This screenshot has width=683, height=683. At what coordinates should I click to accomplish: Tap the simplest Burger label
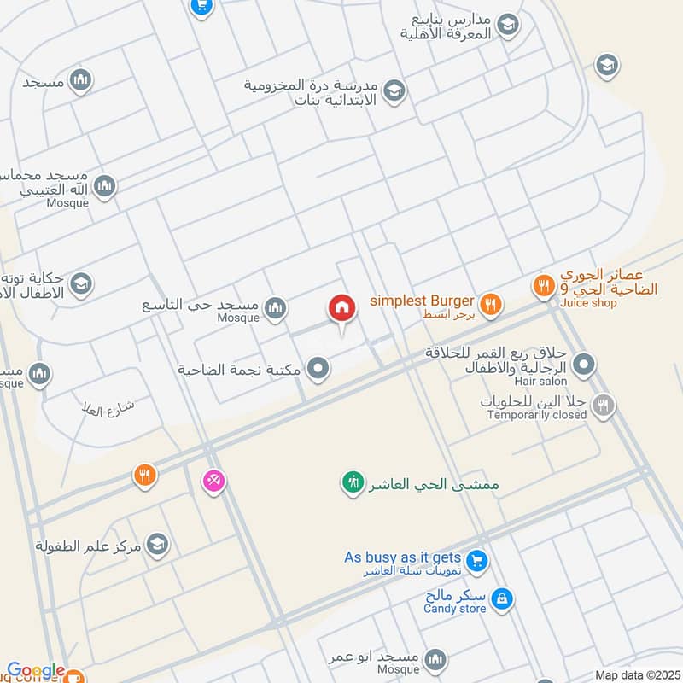(x=421, y=301)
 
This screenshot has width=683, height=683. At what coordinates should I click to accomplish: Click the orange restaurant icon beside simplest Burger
(x=490, y=302)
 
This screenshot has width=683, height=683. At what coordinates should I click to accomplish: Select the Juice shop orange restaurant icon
(x=543, y=287)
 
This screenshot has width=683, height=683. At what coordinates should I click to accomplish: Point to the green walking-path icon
(x=351, y=483)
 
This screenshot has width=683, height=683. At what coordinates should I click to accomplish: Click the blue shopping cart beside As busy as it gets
(x=476, y=560)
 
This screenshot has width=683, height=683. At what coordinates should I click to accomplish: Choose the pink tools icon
(x=213, y=482)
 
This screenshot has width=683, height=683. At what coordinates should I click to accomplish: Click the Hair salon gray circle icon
(x=584, y=366)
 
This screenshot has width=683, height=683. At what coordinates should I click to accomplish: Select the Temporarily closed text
(x=537, y=415)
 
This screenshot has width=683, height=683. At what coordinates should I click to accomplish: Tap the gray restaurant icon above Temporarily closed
(x=604, y=406)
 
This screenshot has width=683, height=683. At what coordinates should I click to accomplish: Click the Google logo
(x=35, y=671)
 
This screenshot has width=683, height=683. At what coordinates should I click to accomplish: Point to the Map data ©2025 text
(x=636, y=674)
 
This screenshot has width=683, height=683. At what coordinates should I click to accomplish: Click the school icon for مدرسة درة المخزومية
(x=394, y=90)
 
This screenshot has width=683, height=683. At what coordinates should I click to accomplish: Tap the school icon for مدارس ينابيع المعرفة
(x=508, y=26)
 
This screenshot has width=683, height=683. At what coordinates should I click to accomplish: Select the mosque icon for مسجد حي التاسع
(x=274, y=310)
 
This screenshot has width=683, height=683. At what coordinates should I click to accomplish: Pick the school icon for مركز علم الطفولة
(x=156, y=544)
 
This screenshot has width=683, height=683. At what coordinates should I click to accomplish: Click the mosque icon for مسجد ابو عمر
(x=435, y=659)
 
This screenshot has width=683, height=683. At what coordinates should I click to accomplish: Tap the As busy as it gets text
(x=403, y=557)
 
